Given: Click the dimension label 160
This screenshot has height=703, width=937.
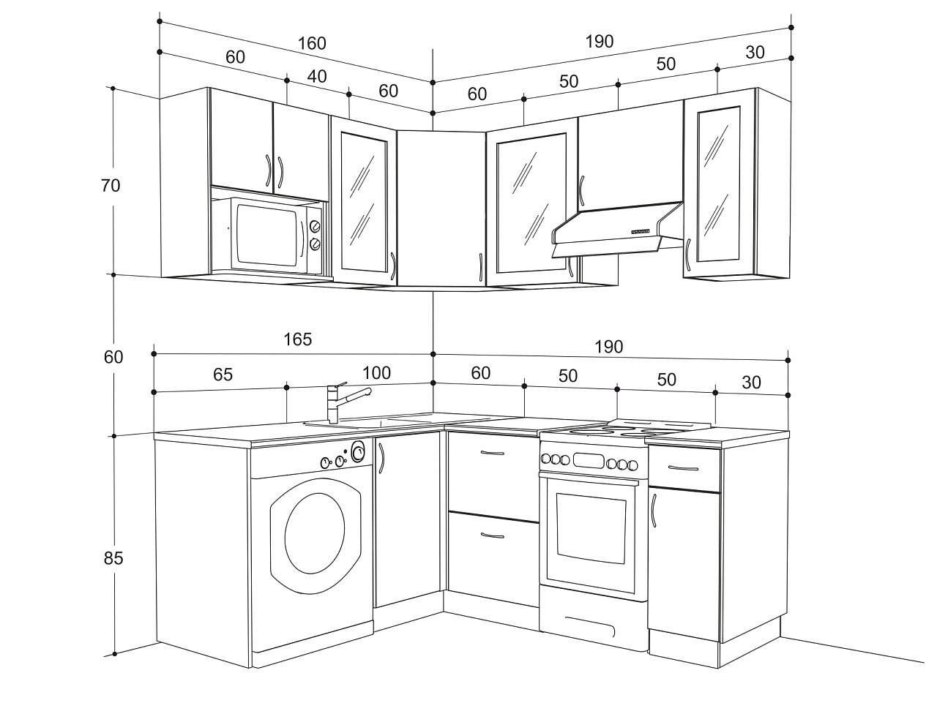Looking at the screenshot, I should [312, 43].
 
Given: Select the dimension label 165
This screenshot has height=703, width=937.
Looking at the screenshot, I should [297, 339].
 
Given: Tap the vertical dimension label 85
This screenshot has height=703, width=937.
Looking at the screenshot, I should [113, 558].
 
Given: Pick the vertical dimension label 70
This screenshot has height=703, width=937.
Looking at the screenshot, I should [111, 186].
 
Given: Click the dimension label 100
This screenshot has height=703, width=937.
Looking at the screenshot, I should [376, 373].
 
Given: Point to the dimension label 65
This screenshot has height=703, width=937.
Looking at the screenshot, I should [223, 375].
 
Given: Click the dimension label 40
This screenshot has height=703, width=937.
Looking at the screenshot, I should [317, 76].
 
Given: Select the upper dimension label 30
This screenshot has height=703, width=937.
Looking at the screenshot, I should [755, 53].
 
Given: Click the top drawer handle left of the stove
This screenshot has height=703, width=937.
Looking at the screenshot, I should [492, 454].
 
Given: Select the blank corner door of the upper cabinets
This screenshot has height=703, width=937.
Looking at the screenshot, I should [441, 208].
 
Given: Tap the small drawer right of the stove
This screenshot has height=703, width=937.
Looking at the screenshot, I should [684, 467].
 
